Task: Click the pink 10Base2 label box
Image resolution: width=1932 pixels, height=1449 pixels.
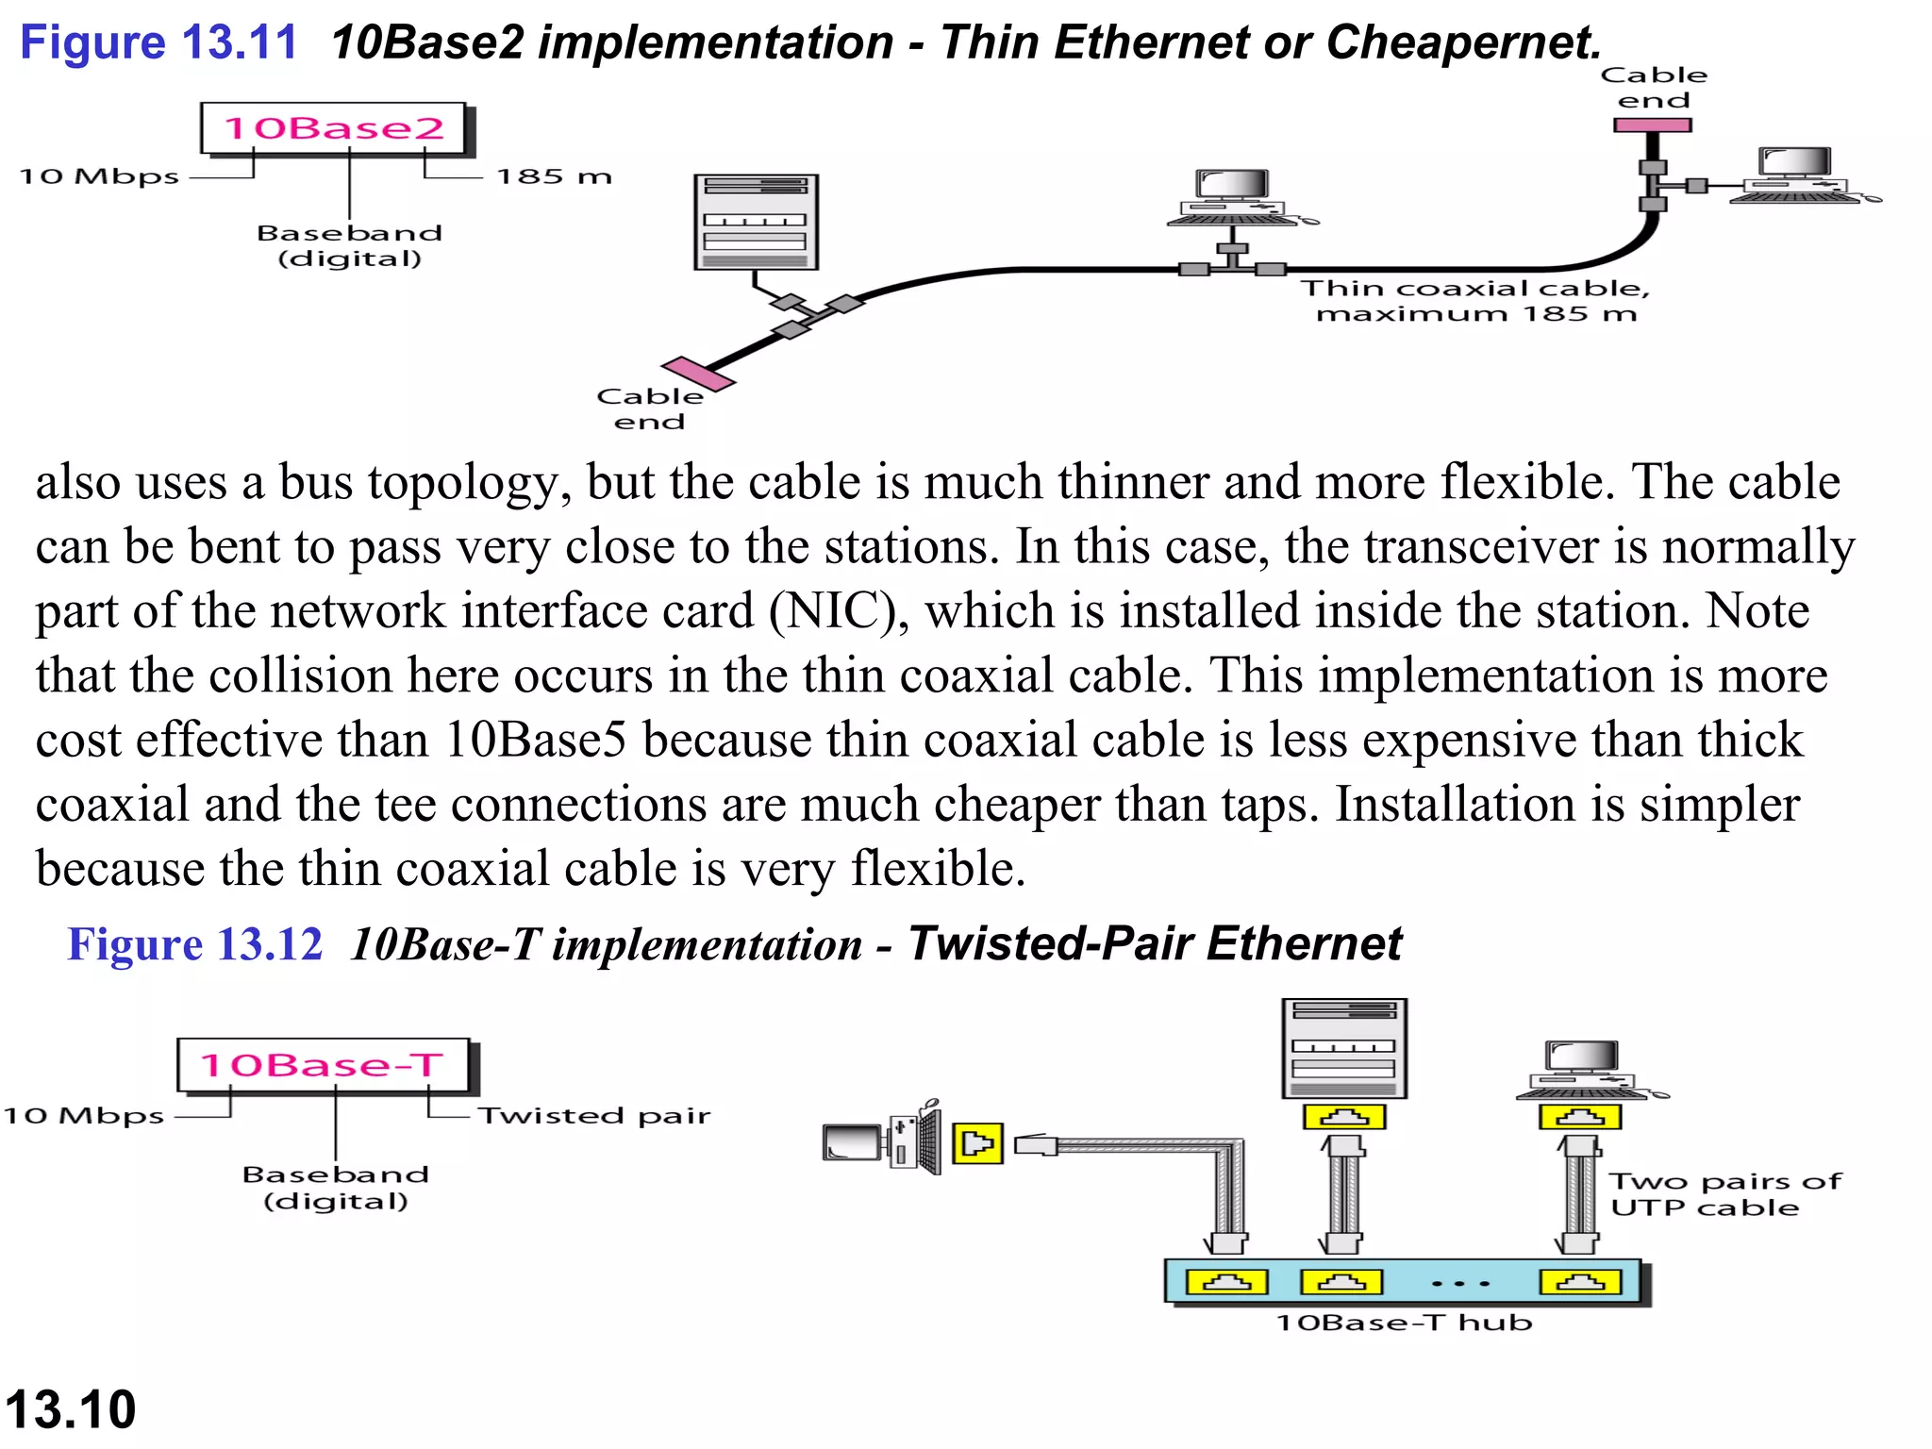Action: (x=335, y=128)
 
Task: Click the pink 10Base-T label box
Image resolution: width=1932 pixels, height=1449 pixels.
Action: (x=323, y=1065)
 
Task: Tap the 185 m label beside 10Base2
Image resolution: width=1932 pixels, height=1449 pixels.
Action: (x=554, y=176)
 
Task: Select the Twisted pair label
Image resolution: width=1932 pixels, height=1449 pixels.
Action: (x=593, y=1116)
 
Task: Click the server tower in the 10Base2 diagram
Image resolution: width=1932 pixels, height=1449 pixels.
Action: (x=756, y=223)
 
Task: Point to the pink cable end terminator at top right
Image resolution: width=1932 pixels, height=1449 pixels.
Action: (x=1652, y=125)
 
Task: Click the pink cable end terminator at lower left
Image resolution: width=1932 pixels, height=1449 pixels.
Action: (x=697, y=374)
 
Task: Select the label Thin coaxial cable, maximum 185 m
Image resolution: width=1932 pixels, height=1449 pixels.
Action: (x=1475, y=300)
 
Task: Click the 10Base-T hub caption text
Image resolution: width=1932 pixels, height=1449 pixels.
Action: (x=1404, y=1323)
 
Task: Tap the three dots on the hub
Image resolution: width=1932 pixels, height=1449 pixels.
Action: (x=1459, y=1284)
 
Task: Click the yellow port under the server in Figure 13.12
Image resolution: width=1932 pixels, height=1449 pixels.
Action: (x=1343, y=1117)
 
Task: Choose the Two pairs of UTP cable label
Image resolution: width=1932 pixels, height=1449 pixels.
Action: (x=1724, y=1194)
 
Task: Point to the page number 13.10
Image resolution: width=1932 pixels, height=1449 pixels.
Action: (x=71, y=1409)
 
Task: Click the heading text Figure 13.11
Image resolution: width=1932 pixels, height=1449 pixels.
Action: (x=158, y=43)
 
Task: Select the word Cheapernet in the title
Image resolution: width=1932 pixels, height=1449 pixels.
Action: (x=1461, y=43)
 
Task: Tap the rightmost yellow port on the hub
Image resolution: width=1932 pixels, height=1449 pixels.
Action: (x=1580, y=1282)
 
